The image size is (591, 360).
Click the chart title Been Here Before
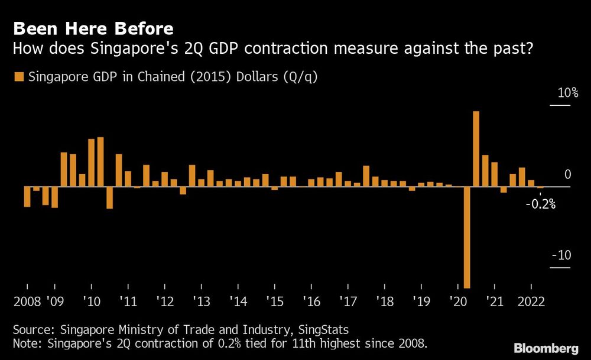point(93,28)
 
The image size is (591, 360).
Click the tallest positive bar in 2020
point(476,149)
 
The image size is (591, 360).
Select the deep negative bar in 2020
point(467,236)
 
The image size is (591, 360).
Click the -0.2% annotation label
point(541,205)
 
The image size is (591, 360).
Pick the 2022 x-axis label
point(531,301)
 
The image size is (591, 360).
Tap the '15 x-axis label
point(275,301)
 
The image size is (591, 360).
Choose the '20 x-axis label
point(458,301)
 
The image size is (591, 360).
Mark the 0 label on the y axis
point(567,174)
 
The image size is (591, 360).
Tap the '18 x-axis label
point(385,301)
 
